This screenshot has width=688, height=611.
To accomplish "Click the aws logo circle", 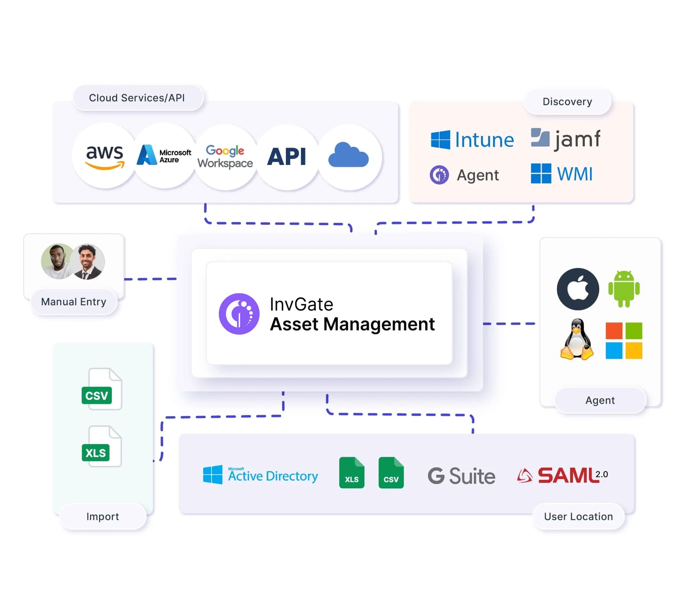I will (105, 157).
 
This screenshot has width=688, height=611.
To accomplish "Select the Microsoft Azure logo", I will (164, 156).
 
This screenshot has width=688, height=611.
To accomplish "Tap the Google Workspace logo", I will (225, 157).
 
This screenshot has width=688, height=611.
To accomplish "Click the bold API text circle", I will (287, 157).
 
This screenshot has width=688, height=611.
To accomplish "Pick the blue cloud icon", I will (348, 156).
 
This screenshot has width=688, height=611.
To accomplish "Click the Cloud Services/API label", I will (137, 98).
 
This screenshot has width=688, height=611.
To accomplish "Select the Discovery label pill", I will (567, 102).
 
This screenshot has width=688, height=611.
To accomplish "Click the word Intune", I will (484, 140).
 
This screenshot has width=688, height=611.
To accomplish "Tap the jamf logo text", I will (577, 139).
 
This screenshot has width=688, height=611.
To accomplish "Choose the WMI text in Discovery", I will (574, 174).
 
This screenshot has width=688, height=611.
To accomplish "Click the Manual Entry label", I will (74, 302).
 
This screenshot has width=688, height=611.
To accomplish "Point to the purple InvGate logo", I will (239, 314).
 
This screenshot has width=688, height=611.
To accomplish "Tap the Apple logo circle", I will (578, 289).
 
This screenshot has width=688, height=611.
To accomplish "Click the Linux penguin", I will (577, 340).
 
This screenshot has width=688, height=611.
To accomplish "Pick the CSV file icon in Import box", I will (102, 389).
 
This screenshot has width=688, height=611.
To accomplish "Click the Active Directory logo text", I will (273, 476).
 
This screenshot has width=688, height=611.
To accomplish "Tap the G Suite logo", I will (461, 476).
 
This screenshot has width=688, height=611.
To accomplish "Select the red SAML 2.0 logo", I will (563, 475).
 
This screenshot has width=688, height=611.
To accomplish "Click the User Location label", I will (578, 516).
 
